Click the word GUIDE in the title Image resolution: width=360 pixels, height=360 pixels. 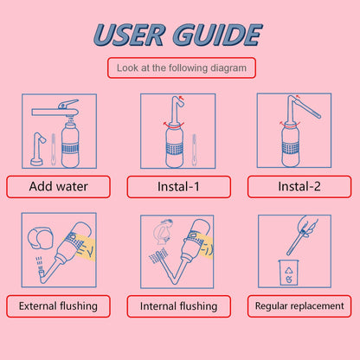(217, 35)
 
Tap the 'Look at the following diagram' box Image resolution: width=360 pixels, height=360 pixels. (181, 67)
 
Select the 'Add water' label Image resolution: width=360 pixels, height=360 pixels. (58, 186)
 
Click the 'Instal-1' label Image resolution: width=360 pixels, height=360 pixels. (178, 187)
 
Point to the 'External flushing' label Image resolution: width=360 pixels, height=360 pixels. (58, 305)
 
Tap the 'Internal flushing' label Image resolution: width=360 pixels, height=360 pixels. (178, 306)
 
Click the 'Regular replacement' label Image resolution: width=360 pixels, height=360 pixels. (299, 305)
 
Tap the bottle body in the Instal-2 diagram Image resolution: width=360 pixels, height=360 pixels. (290, 145)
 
